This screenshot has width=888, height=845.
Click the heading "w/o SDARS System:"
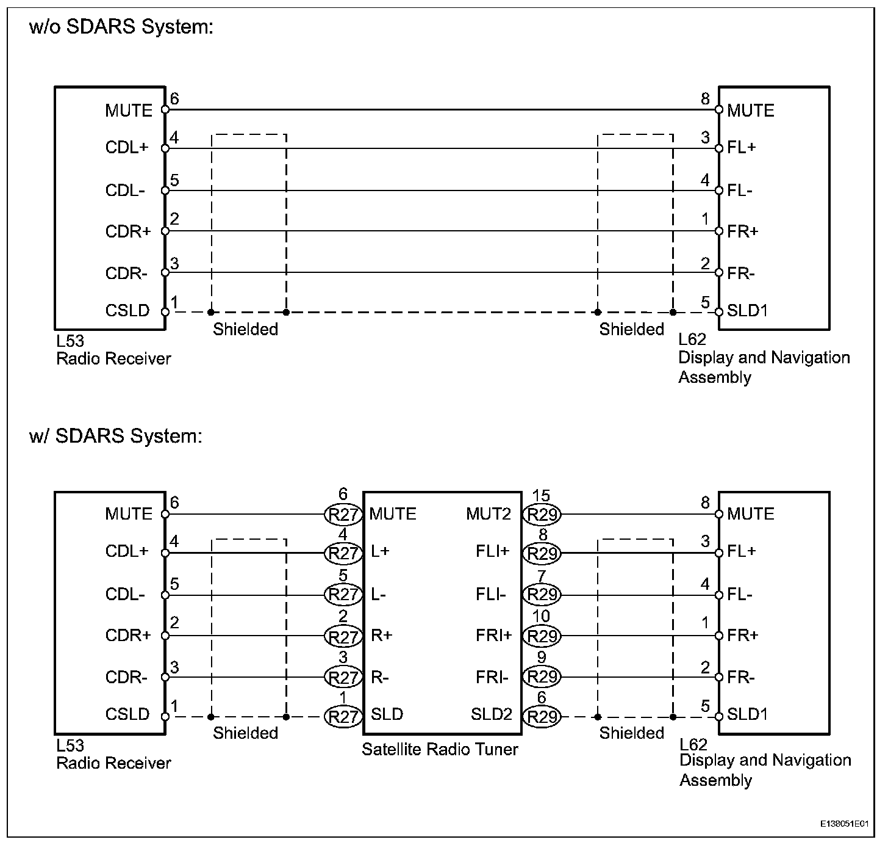(121, 27)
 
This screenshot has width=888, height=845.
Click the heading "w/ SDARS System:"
(115, 436)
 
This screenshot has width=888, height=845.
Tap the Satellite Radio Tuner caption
(440, 749)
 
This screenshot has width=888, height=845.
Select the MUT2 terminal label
(489, 514)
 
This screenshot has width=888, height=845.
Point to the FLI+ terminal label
(493, 552)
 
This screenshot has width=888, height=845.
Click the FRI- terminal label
(492, 677)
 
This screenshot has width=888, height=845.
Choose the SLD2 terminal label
(491, 714)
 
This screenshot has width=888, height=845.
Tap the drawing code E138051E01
(843, 824)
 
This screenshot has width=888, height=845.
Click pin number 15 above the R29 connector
(541, 496)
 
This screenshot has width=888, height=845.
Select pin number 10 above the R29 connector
(541, 617)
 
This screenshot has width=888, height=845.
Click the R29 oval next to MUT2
(542, 515)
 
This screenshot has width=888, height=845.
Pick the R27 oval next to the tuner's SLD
(343, 716)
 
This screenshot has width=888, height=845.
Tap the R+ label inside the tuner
(382, 636)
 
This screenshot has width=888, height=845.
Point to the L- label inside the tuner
(378, 594)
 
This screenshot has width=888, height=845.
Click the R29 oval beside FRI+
(542, 636)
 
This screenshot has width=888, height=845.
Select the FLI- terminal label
(492, 594)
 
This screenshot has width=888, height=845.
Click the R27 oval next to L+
(343, 553)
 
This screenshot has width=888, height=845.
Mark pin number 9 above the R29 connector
(541, 658)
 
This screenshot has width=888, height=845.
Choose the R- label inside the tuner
(380, 677)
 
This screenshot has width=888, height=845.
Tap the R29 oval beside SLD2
(542, 716)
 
